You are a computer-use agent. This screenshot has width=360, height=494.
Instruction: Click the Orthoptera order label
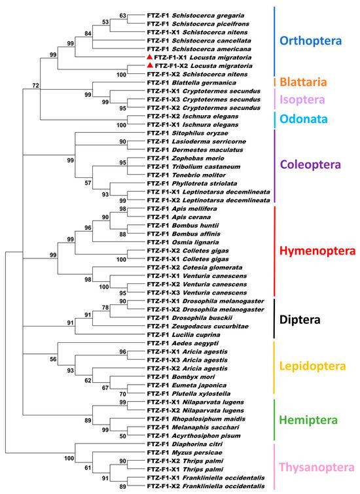click(315, 40)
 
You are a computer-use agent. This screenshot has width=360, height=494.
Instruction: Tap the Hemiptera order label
click(312, 418)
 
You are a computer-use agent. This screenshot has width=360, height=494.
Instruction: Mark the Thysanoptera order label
click(318, 467)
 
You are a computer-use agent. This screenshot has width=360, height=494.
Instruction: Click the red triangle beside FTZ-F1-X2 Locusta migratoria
click(151, 66)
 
